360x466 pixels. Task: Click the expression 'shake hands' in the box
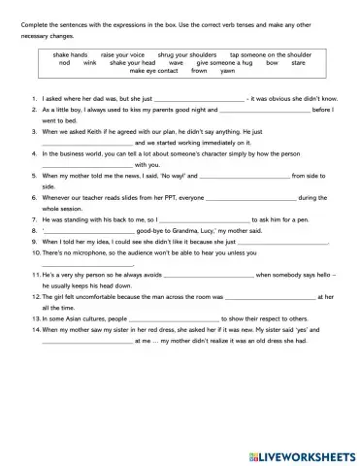tap(73, 55)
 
